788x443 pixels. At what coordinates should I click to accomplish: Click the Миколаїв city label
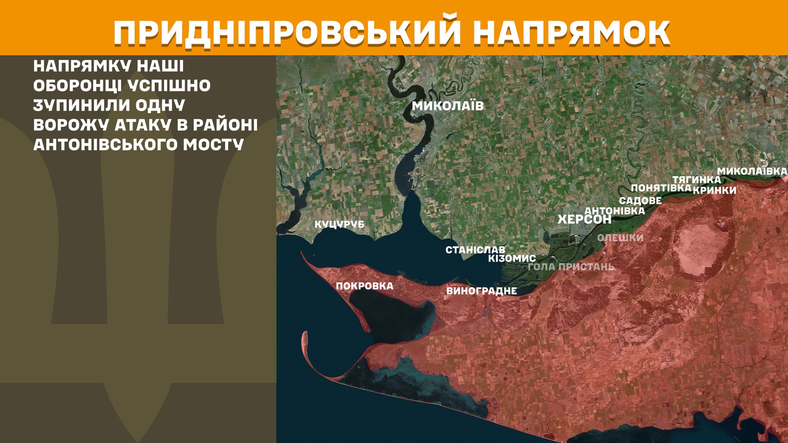[x=448, y=106]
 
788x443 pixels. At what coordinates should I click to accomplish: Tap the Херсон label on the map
[x=584, y=219]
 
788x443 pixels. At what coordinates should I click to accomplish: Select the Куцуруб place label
[x=339, y=224]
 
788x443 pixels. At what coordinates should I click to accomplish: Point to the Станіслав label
[x=475, y=249]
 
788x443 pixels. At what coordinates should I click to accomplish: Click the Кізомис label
[x=512, y=258]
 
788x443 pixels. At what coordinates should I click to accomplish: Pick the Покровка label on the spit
[x=364, y=286]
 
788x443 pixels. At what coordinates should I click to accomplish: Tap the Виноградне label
[x=481, y=291]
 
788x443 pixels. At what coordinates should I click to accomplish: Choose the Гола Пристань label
[x=571, y=267]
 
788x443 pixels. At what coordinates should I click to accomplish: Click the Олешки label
[x=620, y=237]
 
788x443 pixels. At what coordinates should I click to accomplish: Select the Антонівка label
[x=614, y=210]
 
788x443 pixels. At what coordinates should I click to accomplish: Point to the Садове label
[x=640, y=201]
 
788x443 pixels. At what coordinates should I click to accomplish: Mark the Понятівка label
[x=661, y=188]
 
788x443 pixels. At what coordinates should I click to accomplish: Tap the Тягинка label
[x=696, y=180]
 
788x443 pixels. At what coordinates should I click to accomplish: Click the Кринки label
[x=715, y=190]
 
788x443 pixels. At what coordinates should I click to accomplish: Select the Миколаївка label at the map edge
[x=752, y=171]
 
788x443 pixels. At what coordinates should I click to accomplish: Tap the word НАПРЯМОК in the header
[x=571, y=32]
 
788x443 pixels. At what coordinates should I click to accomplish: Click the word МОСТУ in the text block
[x=213, y=144]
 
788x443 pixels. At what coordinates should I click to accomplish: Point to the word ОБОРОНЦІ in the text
[x=77, y=86]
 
